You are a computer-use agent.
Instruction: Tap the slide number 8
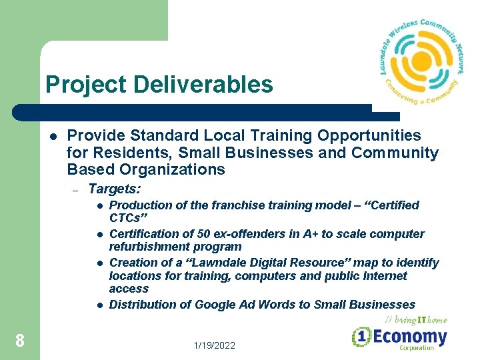(x=20, y=341)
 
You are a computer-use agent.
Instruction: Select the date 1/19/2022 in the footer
(x=215, y=345)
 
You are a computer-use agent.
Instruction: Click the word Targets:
(x=114, y=189)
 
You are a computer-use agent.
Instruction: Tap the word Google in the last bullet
(x=215, y=305)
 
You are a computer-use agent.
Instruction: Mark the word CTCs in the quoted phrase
(x=125, y=218)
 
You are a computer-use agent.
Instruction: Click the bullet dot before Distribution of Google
(x=98, y=305)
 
